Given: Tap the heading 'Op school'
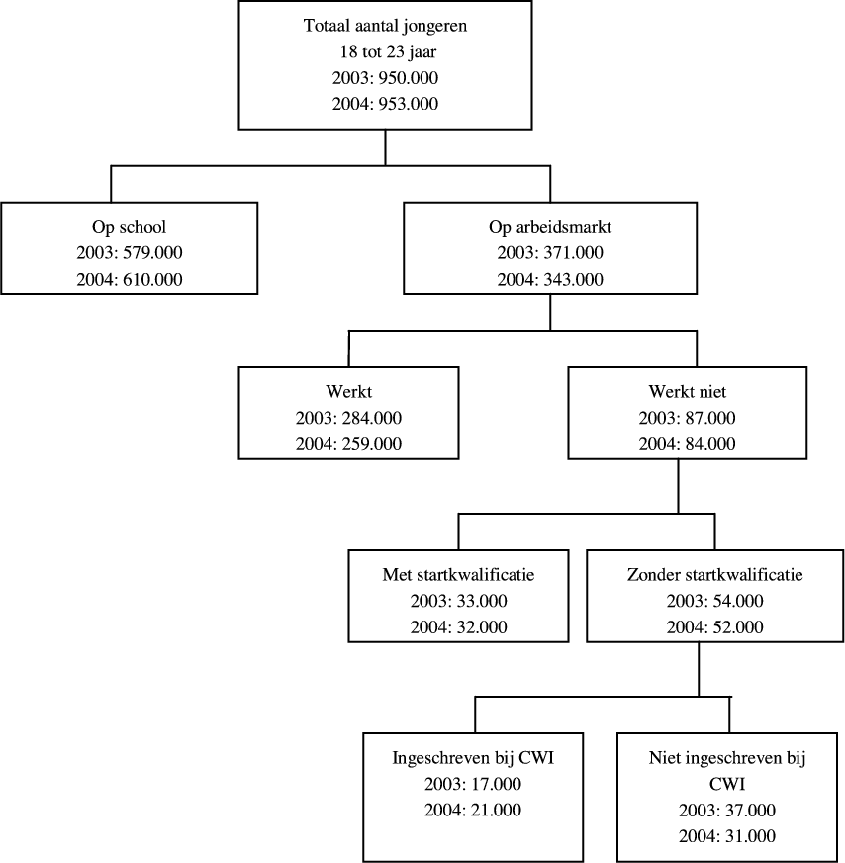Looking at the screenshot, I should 130,227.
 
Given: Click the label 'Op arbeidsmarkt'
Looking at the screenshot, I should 550,227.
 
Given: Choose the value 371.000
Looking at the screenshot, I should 571,252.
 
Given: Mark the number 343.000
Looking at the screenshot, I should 571,279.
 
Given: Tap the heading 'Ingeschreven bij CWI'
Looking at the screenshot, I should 475,760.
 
